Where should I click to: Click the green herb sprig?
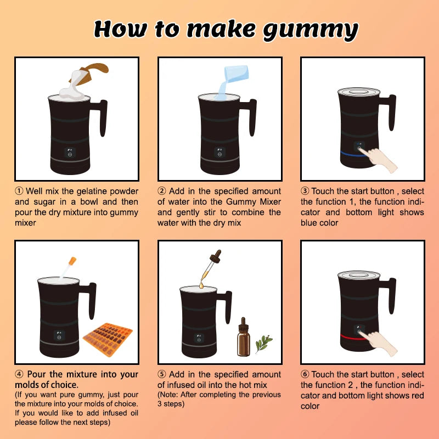[x=264, y=342]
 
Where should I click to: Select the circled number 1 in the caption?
[x=19, y=192]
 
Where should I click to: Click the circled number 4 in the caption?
[x=19, y=375]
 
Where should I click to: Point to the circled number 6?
[x=305, y=375]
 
